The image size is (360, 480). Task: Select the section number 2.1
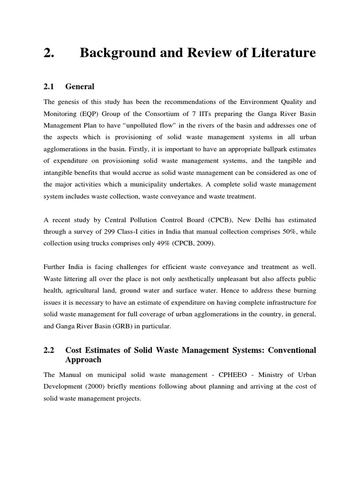(x=49, y=86)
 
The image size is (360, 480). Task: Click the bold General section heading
(x=80, y=86)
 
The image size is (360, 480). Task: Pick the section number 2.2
(x=49, y=350)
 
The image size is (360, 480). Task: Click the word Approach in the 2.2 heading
(x=83, y=360)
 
